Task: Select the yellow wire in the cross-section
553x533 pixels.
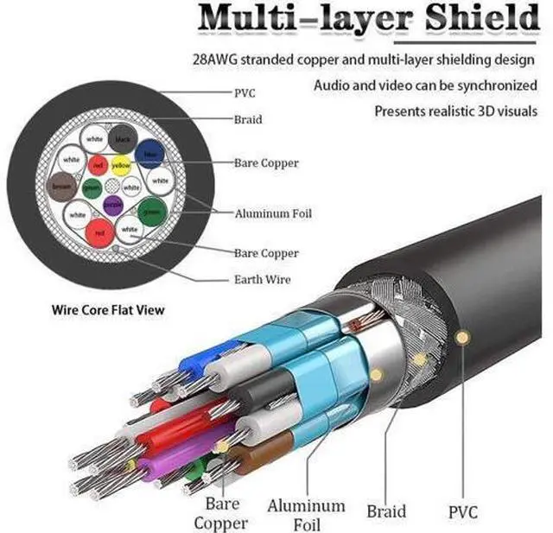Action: (x=120, y=164)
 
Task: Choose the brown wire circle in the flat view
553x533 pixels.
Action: (x=62, y=185)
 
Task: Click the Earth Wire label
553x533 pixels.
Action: (x=263, y=279)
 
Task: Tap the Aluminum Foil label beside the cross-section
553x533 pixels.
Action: (x=273, y=213)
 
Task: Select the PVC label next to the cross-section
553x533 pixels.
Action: (x=245, y=92)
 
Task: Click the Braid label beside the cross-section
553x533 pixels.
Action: (x=248, y=120)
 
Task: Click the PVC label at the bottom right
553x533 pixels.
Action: (x=463, y=511)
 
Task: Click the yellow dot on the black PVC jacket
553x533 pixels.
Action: (x=464, y=336)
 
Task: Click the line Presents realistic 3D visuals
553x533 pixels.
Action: (x=456, y=112)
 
